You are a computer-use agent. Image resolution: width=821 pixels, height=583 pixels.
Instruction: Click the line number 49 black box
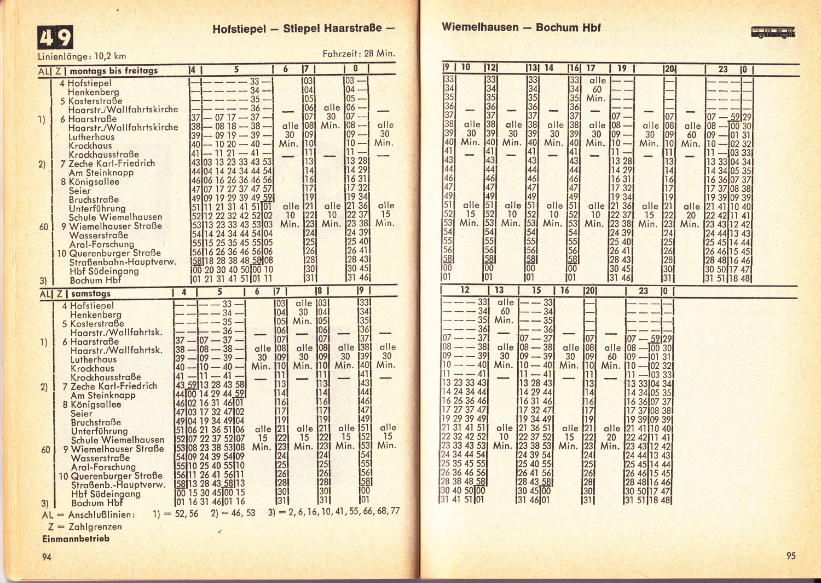[55, 37]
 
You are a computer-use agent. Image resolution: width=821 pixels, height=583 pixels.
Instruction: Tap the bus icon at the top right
[773, 32]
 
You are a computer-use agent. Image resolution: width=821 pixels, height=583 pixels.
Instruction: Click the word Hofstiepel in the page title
[239, 29]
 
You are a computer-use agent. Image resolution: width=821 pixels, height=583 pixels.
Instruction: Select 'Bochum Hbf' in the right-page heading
[568, 27]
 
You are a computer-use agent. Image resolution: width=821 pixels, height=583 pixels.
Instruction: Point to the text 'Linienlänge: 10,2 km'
[82, 56]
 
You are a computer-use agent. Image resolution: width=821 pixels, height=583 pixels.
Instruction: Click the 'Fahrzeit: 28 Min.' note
[359, 54]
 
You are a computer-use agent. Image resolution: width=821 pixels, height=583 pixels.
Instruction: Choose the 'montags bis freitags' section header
[113, 71]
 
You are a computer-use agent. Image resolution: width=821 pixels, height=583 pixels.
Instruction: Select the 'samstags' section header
[91, 294]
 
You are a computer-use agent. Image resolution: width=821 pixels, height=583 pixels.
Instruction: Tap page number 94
[47, 557]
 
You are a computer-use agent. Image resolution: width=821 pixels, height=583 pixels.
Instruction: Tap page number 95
[791, 556]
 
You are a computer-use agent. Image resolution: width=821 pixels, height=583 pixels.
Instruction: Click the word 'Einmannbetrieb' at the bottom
[76, 539]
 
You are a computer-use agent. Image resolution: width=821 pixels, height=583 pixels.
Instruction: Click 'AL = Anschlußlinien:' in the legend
[88, 515]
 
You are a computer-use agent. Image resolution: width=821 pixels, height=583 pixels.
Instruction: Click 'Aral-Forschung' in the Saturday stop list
[103, 467]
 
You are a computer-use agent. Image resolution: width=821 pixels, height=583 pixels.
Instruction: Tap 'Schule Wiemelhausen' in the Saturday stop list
[117, 440]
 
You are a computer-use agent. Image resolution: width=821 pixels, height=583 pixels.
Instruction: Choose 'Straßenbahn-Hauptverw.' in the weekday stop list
[123, 262]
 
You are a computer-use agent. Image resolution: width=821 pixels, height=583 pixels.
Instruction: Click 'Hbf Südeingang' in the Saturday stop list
[106, 494]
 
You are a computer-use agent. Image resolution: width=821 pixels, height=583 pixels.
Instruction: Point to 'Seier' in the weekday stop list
[80, 191]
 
